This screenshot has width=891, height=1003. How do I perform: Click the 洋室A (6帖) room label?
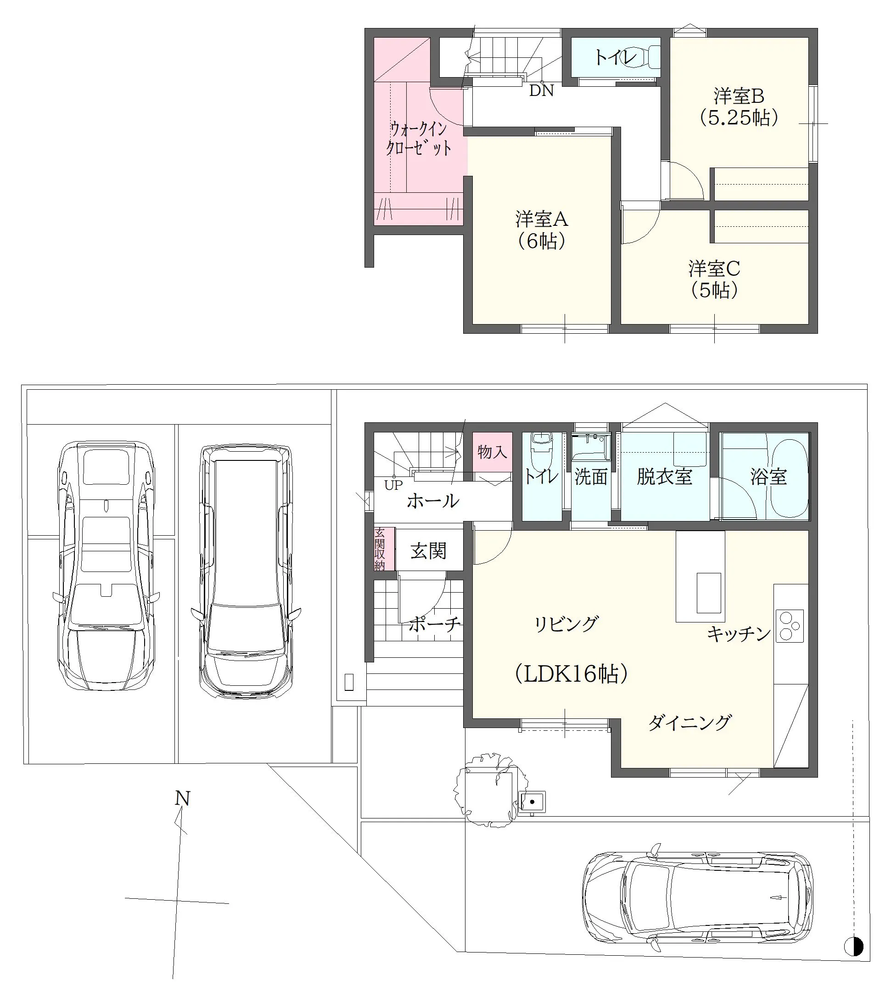pyautogui.click(x=542, y=230)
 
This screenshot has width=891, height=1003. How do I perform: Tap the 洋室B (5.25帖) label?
pyautogui.click(x=739, y=107)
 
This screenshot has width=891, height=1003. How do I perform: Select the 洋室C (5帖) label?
pyautogui.click(x=714, y=280)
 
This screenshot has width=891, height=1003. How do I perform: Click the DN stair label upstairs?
pyautogui.click(x=541, y=91)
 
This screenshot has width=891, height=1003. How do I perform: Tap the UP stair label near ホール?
pyautogui.click(x=393, y=485)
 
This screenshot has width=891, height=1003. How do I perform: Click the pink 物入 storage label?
pyautogui.click(x=492, y=451)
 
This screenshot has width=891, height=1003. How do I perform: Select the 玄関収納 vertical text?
pyautogui.click(x=380, y=549)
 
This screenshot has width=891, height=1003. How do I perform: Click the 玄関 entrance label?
pyautogui.click(x=428, y=551)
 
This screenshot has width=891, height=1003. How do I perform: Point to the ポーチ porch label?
pyautogui.click(x=435, y=624)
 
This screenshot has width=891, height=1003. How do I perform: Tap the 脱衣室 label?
pyautogui.click(x=664, y=476)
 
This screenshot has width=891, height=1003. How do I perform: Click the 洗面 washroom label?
pyautogui.click(x=591, y=476)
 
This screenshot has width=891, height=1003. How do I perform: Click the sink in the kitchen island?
pyautogui.click(x=709, y=592)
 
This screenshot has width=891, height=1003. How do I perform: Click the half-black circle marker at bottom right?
pyautogui.click(x=853, y=946)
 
